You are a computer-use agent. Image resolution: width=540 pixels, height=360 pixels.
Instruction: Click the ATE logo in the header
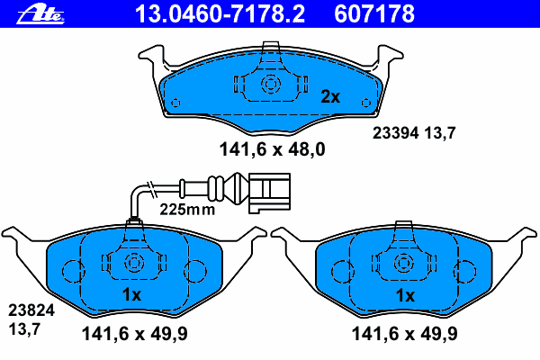click(x=40, y=15)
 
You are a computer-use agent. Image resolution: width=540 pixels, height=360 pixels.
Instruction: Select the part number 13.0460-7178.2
click(x=220, y=14)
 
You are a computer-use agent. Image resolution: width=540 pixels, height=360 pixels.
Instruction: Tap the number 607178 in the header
click(x=374, y=14)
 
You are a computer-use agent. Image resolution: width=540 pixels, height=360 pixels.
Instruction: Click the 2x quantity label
click(x=330, y=96)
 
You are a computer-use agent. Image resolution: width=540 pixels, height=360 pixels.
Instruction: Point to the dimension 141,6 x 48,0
click(x=272, y=149)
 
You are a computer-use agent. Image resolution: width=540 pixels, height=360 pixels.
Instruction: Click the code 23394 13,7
click(x=414, y=132)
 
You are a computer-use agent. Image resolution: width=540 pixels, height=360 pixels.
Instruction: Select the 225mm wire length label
click(x=187, y=209)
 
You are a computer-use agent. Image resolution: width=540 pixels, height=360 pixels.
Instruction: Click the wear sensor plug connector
click(x=269, y=193)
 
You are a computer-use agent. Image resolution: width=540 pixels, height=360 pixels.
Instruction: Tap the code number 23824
click(x=31, y=310)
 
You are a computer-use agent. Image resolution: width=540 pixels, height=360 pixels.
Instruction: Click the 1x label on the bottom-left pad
click(x=132, y=294)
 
